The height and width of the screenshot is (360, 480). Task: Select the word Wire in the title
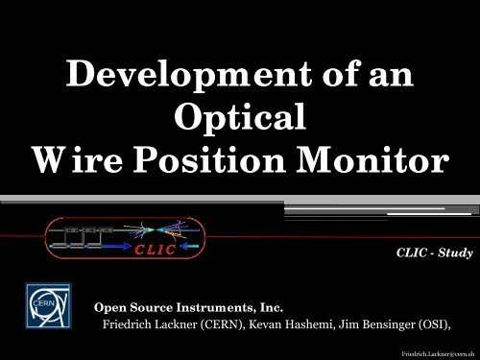point(79,161)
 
